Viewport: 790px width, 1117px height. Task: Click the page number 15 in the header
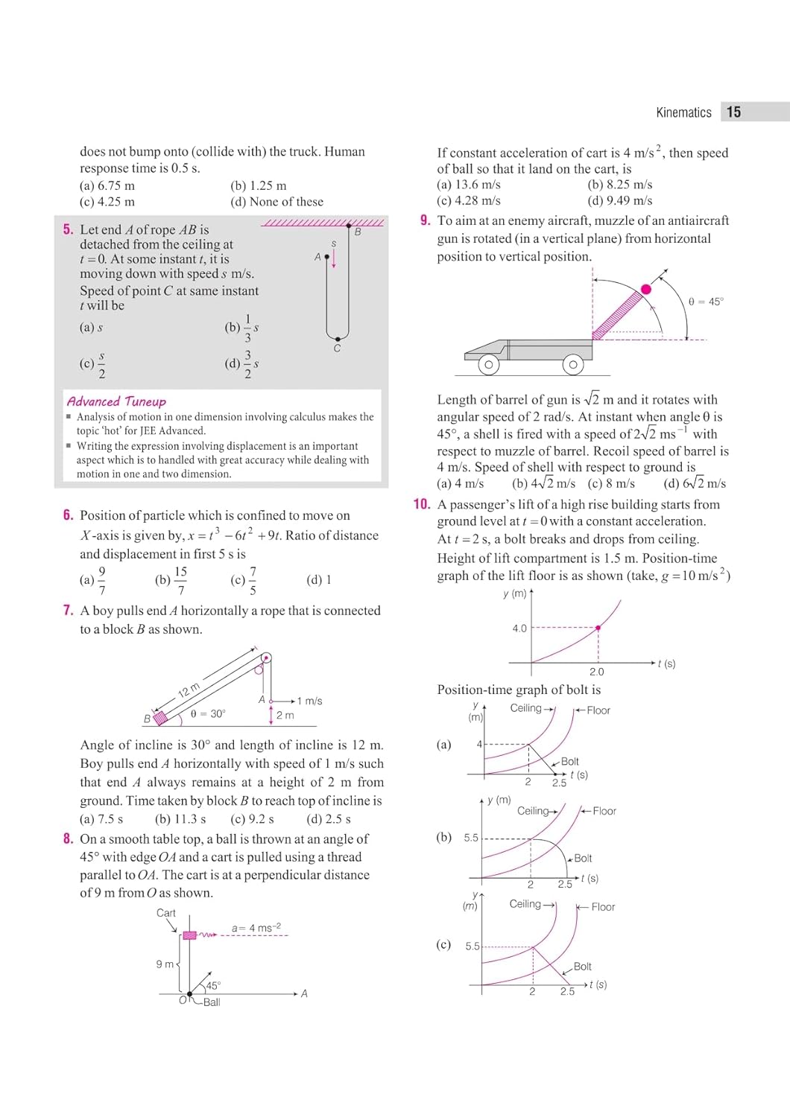(x=734, y=112)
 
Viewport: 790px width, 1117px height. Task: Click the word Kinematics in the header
(x=683, y=112)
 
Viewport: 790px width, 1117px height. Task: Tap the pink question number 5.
(x=68, y=229)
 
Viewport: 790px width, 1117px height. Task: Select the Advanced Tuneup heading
(x=116, y=401)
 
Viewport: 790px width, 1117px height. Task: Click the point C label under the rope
(x=337, y=349)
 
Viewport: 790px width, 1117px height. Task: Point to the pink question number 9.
(x=425, y=220)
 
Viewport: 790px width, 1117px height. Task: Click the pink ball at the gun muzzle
(x=646, y=289)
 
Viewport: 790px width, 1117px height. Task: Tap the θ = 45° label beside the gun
(x=705, y=302)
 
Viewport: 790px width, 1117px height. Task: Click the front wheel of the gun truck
(x=488, y=365)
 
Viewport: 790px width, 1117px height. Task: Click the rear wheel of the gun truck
(x=572, y=365)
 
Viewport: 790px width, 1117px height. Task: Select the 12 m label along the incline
(x=189, y=690)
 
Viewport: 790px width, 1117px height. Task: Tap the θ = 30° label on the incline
(x=208, y=713)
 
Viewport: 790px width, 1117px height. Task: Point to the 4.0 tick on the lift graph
(x=519, y=628)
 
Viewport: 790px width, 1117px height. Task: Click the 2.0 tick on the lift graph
(x=597, y=672)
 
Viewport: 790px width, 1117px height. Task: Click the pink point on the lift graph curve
(x=598, y=628)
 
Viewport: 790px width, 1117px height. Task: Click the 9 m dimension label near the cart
(x=165, y=964)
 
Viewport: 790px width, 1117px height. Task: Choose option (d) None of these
(x=277, y=202)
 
